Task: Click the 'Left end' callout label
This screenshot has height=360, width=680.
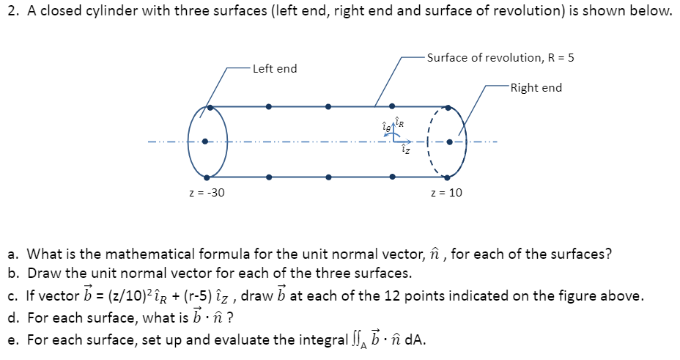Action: click(x=275, y=68)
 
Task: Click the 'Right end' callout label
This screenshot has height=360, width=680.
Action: click(x=536, y=87)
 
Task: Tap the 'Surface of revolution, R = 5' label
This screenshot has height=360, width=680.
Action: click(x=500, y=57)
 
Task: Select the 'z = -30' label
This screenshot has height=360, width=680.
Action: click(x=207, y=192)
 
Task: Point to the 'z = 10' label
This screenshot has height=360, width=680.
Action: click(x=447, y=192)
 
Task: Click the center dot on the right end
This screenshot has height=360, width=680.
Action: click(x=450, y=142)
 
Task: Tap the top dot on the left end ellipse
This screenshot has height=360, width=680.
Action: click(x=210, y=107)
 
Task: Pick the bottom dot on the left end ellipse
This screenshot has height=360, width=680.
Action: click(x=208, y=177)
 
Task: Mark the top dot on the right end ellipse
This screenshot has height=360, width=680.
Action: click(x=450, y=107)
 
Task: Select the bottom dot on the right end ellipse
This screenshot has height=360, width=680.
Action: click(x=450, y=177)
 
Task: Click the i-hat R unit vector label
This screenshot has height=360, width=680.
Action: click(x=399, y=122)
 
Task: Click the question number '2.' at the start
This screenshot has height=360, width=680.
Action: click(x=12, y=12)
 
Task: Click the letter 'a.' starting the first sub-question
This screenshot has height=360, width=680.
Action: click(x=13, y=255)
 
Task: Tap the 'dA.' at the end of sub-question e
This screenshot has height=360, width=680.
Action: click(x=415, y=340)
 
